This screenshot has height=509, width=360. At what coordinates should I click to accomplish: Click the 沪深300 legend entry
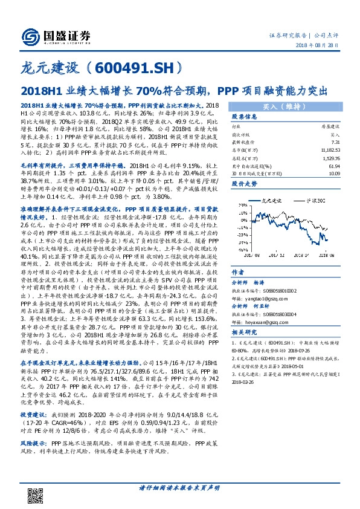coord(313,199)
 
